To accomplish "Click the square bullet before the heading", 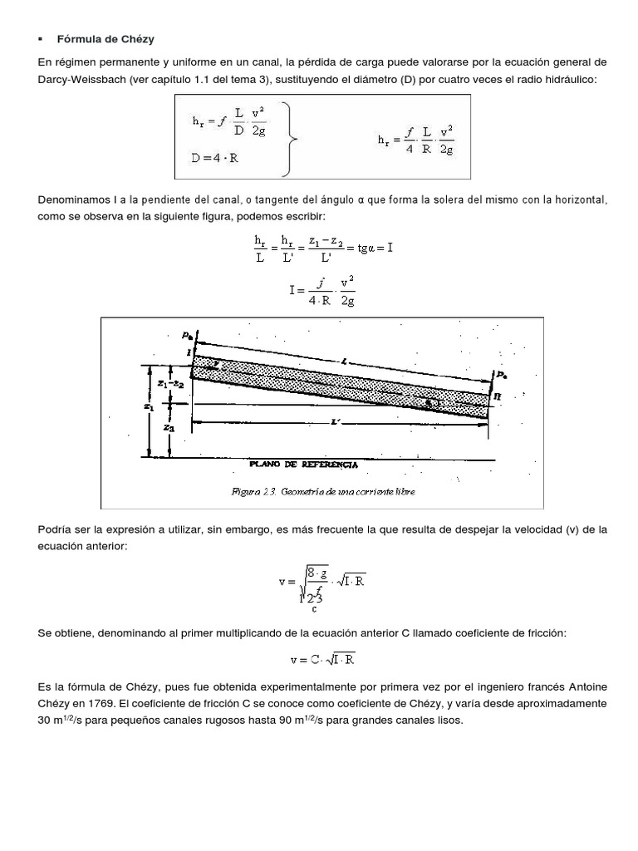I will click(x=40, y=39).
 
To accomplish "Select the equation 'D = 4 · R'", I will click(x=215, y=158).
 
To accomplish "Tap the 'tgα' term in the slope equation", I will click(x=362, y=248).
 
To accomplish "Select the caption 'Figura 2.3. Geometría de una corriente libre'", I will click(x=323, y=491).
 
